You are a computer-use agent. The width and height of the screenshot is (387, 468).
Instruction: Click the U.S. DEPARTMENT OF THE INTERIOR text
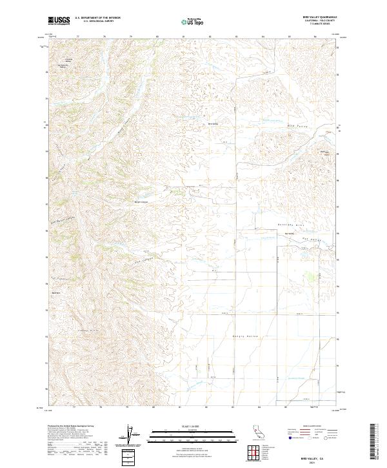pos(97,18)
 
